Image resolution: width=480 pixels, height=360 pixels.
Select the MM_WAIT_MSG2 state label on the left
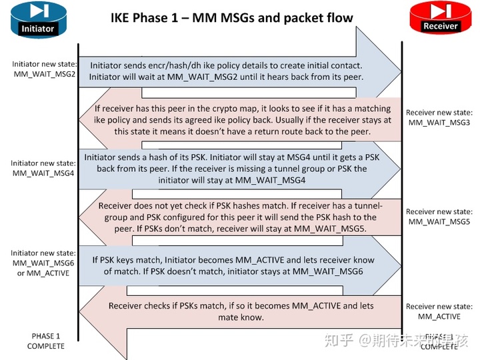coord(45,74)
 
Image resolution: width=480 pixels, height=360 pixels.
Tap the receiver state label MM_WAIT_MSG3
coord(439,123)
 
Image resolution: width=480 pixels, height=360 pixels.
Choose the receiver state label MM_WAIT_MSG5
coord(439,221)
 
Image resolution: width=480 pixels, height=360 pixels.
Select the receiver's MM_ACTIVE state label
coord(439,316)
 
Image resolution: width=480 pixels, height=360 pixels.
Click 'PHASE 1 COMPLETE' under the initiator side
coord(46,341)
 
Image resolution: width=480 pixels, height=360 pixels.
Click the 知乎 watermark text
coord(339,340)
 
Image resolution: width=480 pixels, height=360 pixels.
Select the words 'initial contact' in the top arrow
coord(329,65)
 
